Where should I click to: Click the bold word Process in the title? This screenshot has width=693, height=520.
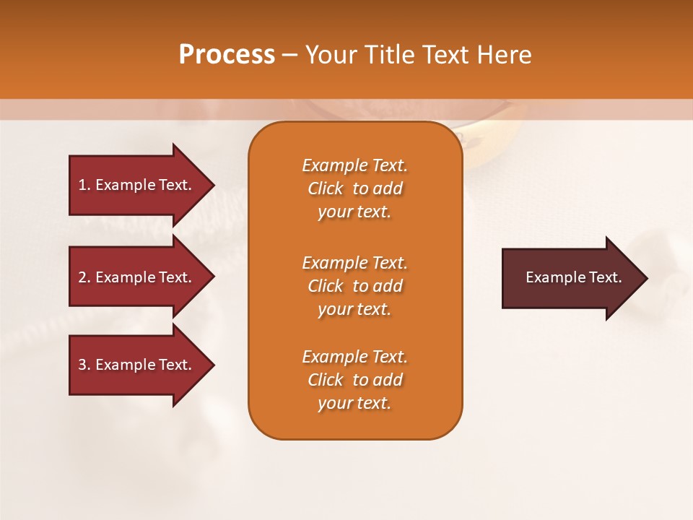227,55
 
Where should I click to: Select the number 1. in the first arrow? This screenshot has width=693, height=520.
84,185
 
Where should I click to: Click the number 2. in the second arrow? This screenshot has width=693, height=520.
84,277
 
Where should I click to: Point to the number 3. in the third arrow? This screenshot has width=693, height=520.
84,365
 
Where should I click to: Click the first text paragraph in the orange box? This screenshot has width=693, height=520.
354,188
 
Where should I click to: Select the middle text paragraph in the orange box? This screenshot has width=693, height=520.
354,286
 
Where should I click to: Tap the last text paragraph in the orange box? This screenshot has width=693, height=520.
354,380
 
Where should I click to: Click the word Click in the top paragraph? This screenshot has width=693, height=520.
325,188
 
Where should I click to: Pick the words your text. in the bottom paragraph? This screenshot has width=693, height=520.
354,403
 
